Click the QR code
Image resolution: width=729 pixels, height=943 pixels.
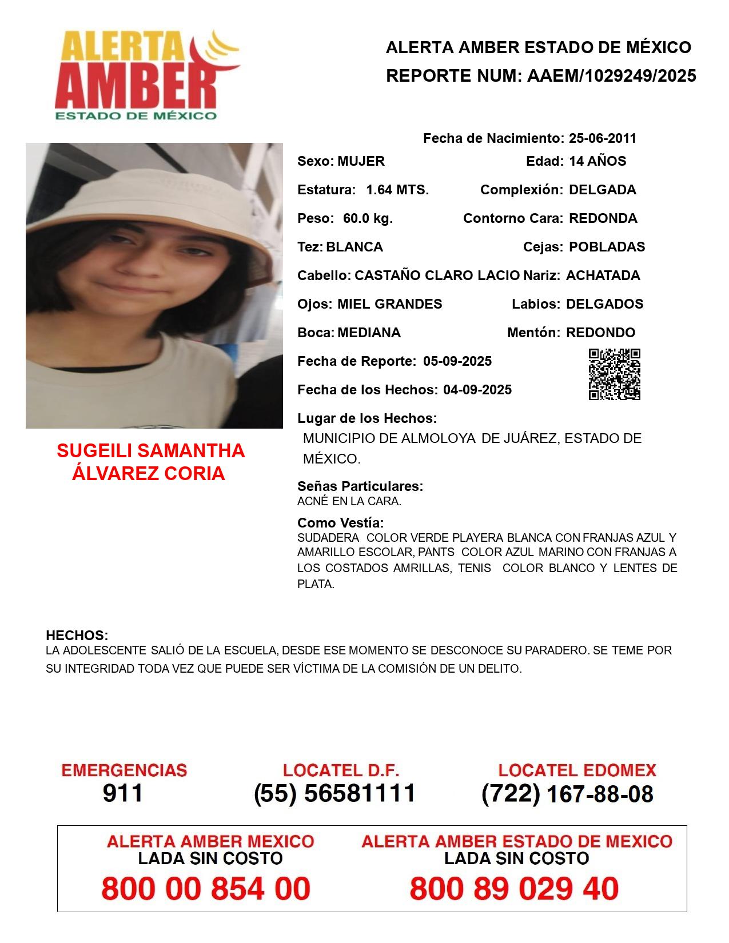click(x=615, y=374)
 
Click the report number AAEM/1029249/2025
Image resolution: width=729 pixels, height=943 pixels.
click(x=611, y=75)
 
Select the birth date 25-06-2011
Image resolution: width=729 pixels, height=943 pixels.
click(x=602, y=138)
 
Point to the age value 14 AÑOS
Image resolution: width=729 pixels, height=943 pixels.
click(x=597, y=161)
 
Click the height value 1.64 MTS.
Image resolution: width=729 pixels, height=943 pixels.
click(x=397, y=190)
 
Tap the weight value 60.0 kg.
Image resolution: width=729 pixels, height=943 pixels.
click(x=368, y=218)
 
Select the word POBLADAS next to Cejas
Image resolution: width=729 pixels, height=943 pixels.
click(x=607, y=247)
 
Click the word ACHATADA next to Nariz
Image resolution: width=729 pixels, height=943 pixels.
click(x=603, y=275)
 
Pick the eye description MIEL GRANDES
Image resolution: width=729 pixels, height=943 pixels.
click(x=389, y=304)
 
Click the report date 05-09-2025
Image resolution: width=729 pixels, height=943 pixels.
click(x=457, y=361)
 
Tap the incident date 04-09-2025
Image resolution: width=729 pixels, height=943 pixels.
click(x=477, y=390)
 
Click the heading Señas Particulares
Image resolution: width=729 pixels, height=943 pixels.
click(x=360, y=486)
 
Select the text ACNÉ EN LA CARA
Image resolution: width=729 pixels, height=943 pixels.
click(x=349, y=501)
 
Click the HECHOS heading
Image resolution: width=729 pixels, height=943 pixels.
click(x=77, y=636)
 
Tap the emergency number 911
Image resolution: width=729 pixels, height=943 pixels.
click(x=123, y=793)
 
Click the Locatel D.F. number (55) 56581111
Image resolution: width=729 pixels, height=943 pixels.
click(x=334, y=793)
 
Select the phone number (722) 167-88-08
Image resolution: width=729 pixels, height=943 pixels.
click(x=567, y=794)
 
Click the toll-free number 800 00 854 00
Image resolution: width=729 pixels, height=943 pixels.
click(x=206, y=889)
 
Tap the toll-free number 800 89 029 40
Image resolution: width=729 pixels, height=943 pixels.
click(x=514, y=889)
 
